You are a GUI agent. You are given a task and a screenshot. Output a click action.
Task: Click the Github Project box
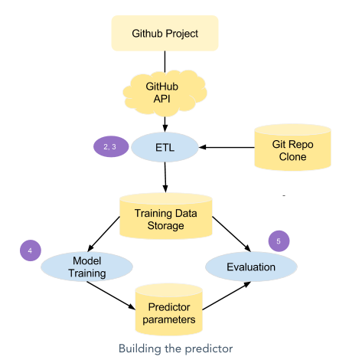coord(165,33)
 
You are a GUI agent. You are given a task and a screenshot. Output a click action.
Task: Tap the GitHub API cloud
coord(165,93)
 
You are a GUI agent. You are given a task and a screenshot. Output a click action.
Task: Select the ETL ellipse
coord(165,147)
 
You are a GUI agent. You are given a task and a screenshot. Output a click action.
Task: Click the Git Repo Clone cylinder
coord(292,148)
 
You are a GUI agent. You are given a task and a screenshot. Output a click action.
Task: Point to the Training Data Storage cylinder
coord(166,216)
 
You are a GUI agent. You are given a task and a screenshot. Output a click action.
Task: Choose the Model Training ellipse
coord(86,267)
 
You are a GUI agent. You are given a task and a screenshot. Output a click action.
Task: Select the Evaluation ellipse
coord(251,267)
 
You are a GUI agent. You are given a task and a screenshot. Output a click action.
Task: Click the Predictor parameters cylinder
coord(169,309)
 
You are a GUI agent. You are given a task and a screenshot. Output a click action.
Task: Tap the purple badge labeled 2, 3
coord(111,146)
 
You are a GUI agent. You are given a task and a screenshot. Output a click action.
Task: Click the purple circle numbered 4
coord(31,250)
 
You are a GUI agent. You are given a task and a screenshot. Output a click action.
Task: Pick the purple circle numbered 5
coord(279,241)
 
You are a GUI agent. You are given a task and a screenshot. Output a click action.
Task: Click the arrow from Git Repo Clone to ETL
coord(227,147)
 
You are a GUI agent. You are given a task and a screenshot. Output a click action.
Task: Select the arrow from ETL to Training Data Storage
coord(165,178)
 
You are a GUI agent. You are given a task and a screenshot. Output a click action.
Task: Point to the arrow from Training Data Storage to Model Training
coord(103,234)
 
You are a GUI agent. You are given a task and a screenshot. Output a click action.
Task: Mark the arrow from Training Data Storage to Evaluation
coord(232,234)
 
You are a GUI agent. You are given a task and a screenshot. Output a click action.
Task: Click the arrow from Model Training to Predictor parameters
coord(111,296)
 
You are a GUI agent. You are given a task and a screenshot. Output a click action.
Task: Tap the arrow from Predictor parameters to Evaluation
coord(227,296)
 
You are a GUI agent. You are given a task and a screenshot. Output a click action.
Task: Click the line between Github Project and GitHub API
coord(165,62)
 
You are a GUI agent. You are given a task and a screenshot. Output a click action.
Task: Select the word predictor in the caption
coord(209,349)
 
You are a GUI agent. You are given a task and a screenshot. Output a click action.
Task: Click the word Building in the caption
coord(140,349)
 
